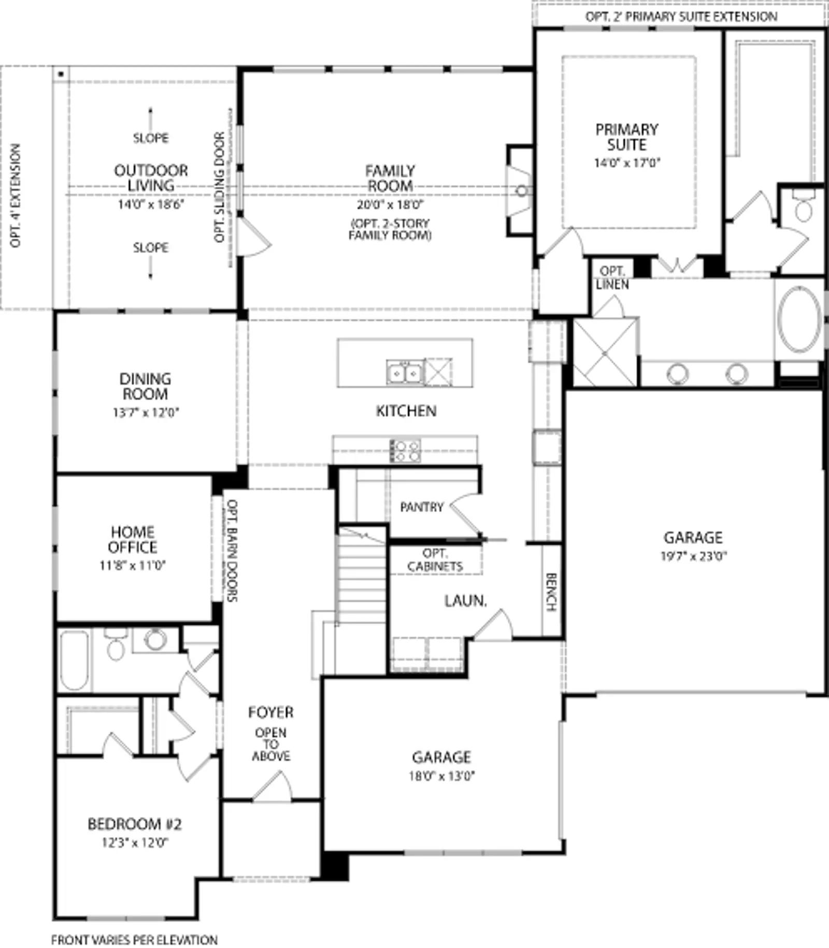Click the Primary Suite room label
626,137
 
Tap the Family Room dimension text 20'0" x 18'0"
390,205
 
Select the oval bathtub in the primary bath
799,318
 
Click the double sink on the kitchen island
405,372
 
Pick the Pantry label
422,507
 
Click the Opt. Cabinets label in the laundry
435,560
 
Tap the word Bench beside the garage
551,591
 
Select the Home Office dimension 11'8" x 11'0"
133,565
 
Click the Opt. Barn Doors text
232,550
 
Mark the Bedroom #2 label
135,824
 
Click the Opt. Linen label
612,278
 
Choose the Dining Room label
145,386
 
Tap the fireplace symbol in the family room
520,190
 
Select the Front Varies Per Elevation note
134,940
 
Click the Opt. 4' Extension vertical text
16,195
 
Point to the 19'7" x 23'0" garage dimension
694,556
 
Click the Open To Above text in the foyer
270,744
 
